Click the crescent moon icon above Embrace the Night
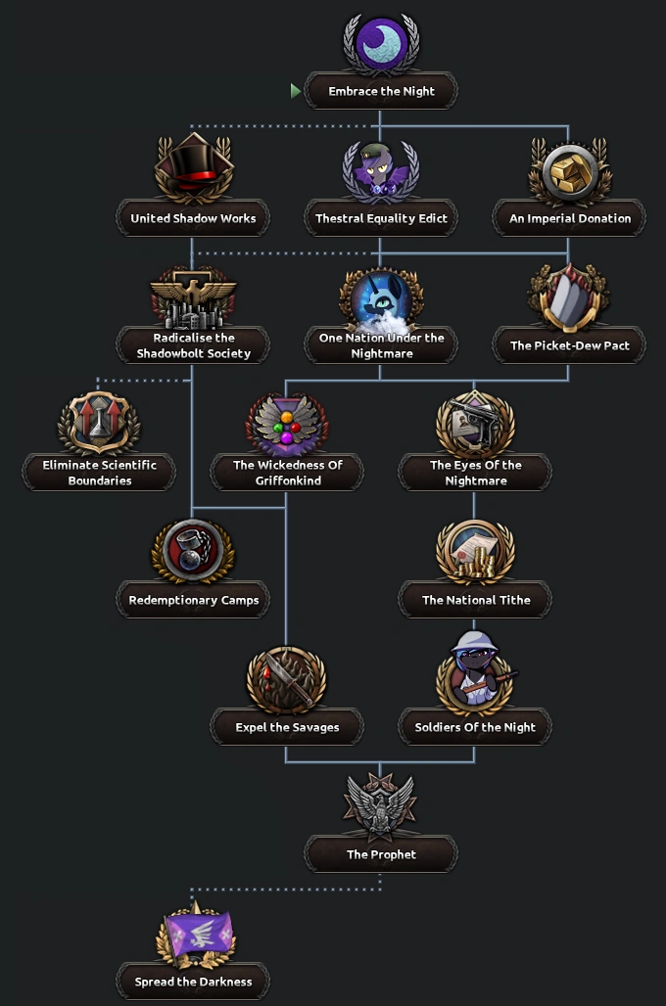tap(381, 44)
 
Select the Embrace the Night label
tap(381, 92)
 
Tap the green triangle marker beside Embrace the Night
tap(296, 91)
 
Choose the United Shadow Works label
tap(193, 219)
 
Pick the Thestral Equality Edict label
tap(381, 219)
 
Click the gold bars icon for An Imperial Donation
tap(569, 171)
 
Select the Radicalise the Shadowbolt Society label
tap(193, 345)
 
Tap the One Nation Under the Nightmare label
tap(381, 345)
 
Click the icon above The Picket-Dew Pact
tap(569, 297)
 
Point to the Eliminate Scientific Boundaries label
tap(99, 473)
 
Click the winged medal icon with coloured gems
tap(286, 424)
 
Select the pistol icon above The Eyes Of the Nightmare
tap(475, 424)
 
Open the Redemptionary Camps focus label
tap(193, 600)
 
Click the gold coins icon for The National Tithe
tap(475, 551)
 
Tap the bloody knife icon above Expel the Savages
tap(286, 678)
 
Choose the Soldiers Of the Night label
tap(475, 727)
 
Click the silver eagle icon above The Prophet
tap(381, 805)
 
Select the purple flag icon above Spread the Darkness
tap(193, 933)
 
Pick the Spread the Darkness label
tap(193, 982)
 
